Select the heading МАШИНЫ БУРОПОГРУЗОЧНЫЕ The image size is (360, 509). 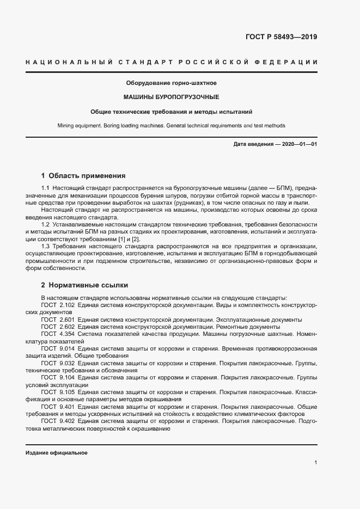(x=171, y=97)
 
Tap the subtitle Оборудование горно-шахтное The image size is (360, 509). (x=171, y=83)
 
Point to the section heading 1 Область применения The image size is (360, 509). (x=83, y=176)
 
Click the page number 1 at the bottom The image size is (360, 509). (x=316, y=462)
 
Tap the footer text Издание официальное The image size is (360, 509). (x=56, y=453)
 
